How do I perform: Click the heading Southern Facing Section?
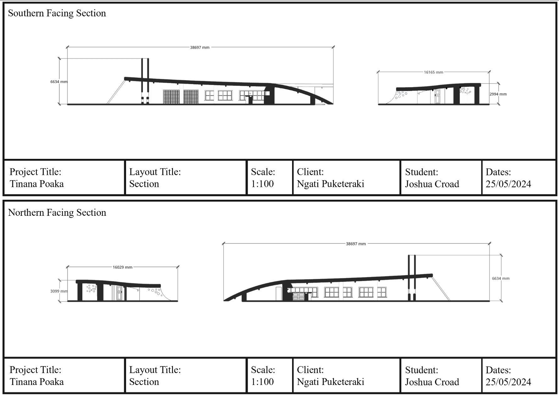[x=57, y=13]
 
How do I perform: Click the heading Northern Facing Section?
[x=57, y=213]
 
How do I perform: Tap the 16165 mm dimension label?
[x=433, y=72]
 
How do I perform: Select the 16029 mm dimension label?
[x=122, y=267]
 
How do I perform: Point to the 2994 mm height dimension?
[x=498, y=94]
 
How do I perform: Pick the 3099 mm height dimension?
[x=59, y=291]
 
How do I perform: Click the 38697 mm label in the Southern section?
[x=200, y=47]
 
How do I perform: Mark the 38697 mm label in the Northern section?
[x=356, y=244]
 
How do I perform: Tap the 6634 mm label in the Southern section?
[x=59, y=82]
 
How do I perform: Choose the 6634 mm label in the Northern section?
[x=501, y=278]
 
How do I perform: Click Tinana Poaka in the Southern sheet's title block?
[x=37, y=184]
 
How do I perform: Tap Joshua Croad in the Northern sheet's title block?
[x=432, y=382]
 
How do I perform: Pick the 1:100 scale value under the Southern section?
[x=262, y=184]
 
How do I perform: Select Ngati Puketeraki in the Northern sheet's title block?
[x=330, y=382]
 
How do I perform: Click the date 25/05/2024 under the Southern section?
[x=508, y=184]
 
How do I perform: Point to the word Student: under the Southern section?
[x=421, y=172]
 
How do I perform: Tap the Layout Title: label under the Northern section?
[x=155, y=370]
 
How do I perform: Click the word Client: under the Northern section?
[x=310, y=370]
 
